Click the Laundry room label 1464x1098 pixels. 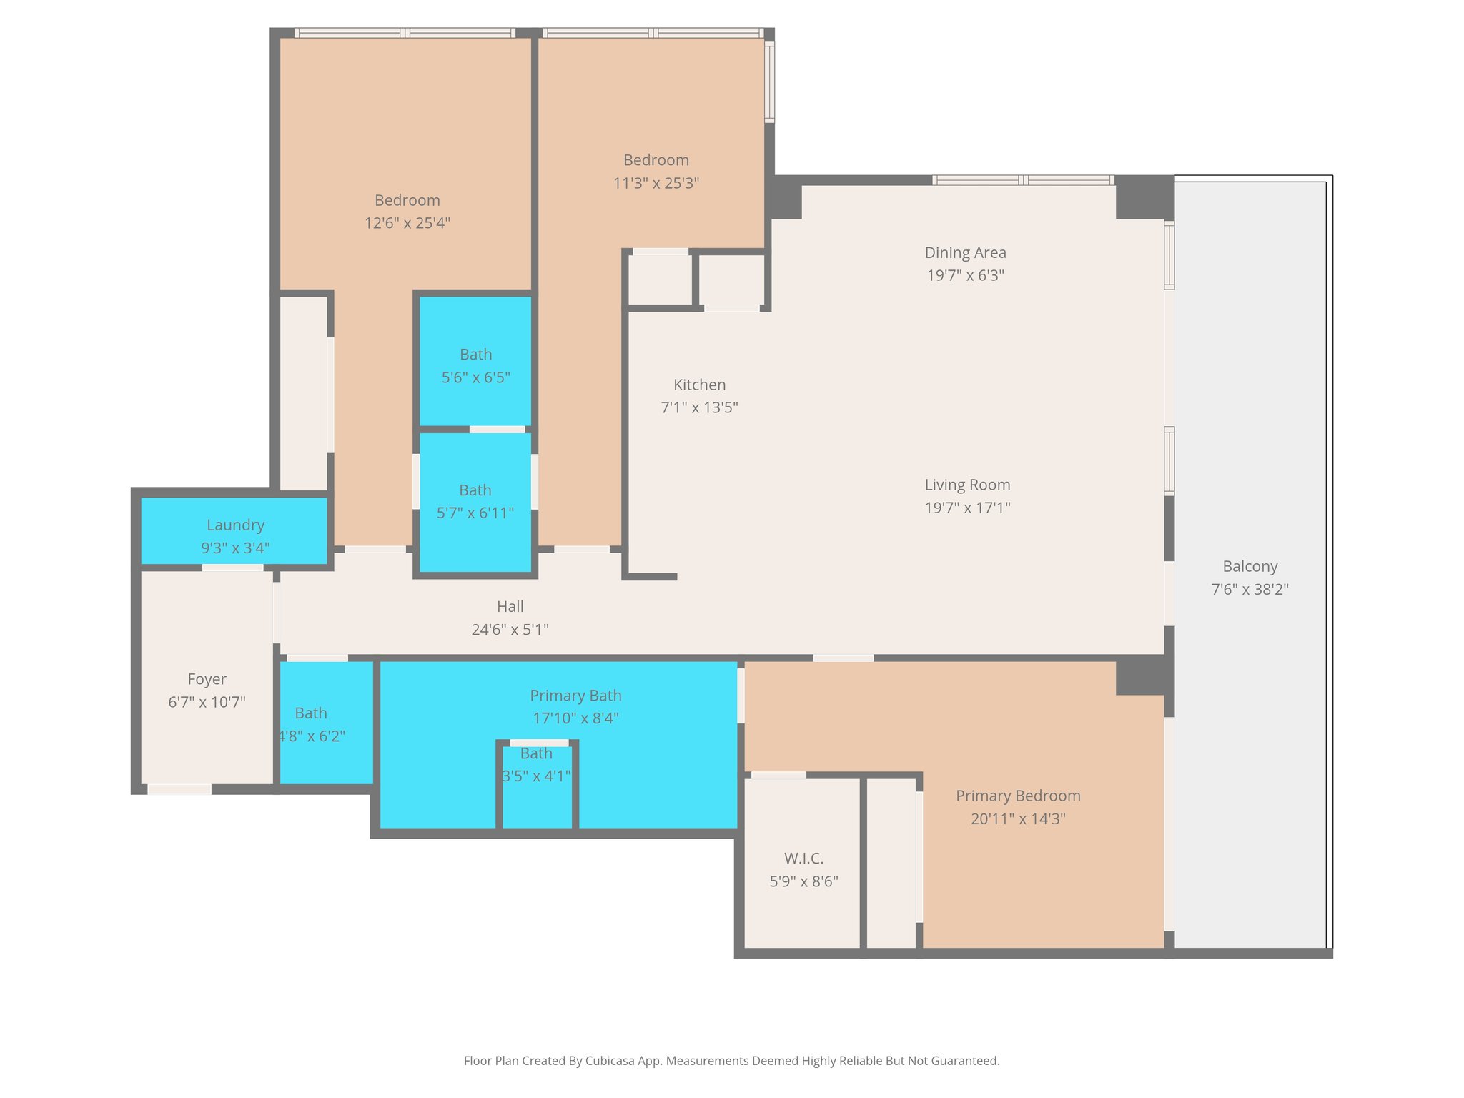235,525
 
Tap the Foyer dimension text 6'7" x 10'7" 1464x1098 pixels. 207,702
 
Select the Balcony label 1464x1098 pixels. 1250,566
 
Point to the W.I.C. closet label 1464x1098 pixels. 803,858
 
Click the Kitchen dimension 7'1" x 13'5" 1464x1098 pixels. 699,407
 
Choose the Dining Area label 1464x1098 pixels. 965,252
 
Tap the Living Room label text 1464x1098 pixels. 967,485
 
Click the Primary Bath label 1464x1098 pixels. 575,695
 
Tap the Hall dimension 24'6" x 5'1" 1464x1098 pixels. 510,629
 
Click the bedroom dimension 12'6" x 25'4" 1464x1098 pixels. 407,222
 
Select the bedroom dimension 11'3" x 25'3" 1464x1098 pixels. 656,182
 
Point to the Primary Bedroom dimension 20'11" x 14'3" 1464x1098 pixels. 1018,818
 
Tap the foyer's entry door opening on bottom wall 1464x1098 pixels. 179,789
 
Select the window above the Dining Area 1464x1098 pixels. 1022,180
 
